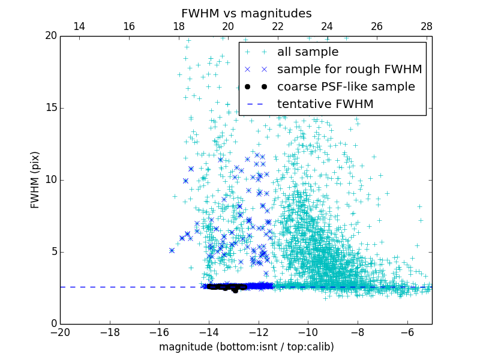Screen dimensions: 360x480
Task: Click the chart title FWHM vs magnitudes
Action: (246, 13)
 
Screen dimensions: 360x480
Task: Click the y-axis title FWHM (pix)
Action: (35, 179)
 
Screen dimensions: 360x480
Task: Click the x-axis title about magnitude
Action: (246, 347)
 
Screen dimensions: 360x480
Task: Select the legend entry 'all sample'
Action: (307, 52)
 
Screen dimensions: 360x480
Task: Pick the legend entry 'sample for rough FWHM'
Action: (349, 70)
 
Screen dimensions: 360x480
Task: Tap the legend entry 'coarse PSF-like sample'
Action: (346, 87)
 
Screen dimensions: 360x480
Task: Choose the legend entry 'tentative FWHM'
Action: (325, 104)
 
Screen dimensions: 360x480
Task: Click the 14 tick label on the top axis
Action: (79, 26)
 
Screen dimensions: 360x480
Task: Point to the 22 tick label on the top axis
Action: (277, 26)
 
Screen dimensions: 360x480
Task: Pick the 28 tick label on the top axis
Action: (427, 26)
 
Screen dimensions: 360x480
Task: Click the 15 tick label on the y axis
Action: (50, 108)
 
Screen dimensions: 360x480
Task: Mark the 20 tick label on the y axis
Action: (50, 36)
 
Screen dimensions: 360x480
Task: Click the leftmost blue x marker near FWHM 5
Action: (172, 250)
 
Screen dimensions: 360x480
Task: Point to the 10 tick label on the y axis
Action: (50, 180)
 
